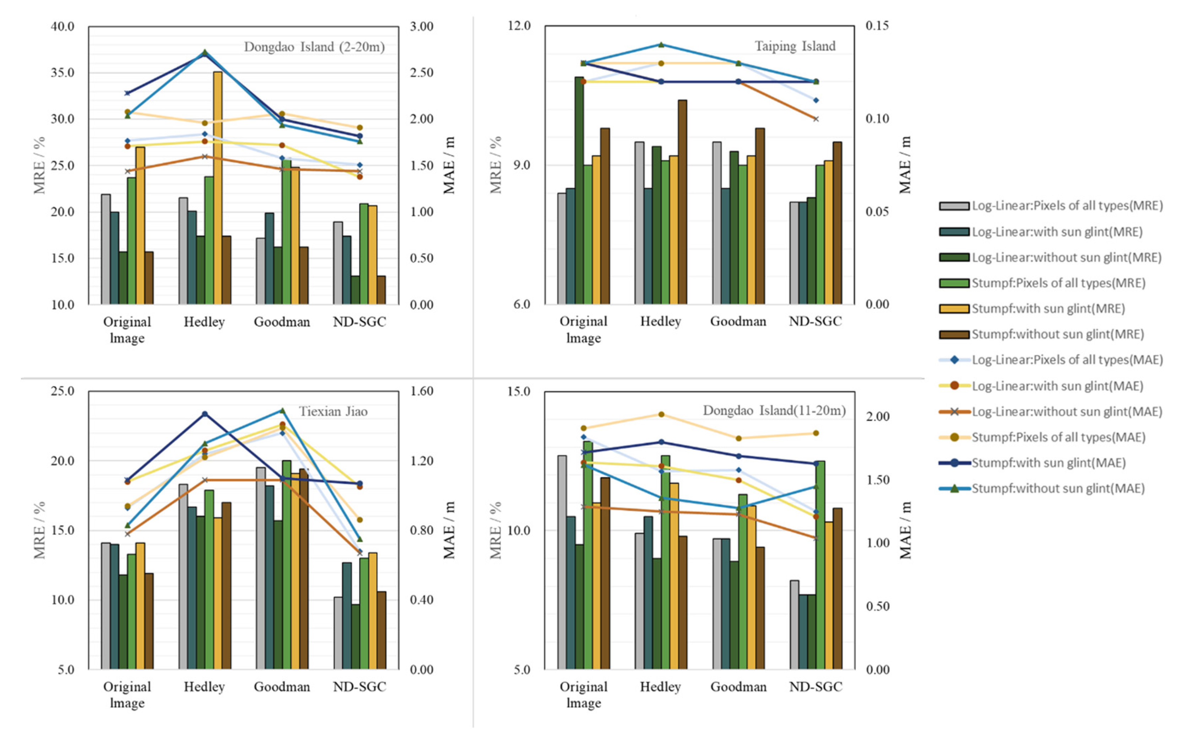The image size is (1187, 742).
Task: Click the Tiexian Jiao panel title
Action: (x=333, y=411)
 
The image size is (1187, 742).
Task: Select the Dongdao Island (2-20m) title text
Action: (x=314, y=47)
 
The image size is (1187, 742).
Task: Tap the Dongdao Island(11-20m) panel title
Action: (x=774, y=410)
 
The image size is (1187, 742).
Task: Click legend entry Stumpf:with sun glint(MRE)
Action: (x=1048, y=309)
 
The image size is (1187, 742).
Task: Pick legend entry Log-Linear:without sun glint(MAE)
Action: (x=1067, y=412)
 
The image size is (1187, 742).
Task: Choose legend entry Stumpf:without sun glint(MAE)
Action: (x=1058, y=488)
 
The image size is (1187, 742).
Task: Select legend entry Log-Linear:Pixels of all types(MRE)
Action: (x=1067, y=206)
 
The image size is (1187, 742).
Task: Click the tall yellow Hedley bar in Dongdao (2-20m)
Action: (x=217, y=186)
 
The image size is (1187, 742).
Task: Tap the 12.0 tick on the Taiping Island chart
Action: (x=519, y=26)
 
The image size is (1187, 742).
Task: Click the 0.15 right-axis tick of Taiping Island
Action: (x=877, y=26)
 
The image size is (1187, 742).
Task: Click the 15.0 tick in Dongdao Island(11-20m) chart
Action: (x=519, y=391)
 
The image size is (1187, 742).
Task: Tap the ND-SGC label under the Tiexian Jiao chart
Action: (x=359, y=687)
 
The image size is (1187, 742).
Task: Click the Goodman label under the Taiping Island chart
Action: (x=738, y=321)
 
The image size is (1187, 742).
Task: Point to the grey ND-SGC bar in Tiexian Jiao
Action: (x=338, y=633)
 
